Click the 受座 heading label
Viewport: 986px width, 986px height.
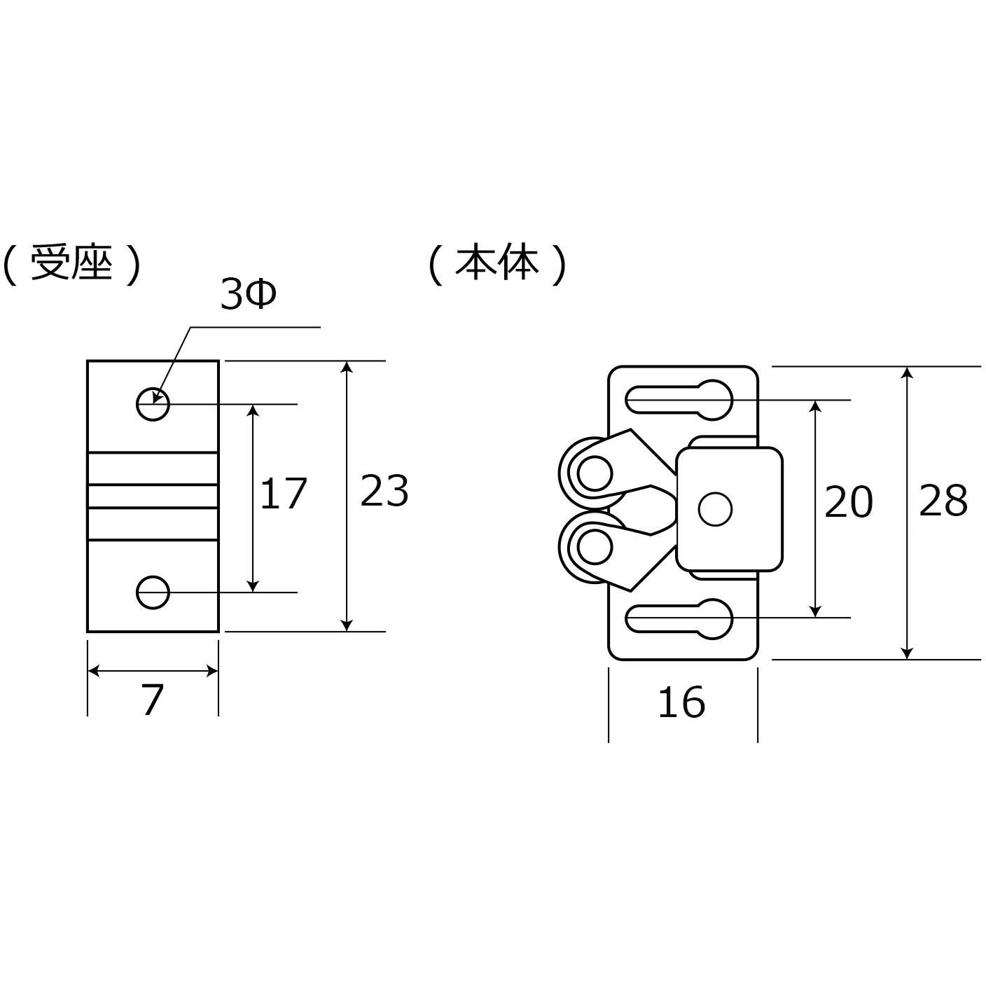[72, 265]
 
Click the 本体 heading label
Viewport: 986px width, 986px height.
[497, 265]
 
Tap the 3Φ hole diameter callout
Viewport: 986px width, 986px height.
[248, 296]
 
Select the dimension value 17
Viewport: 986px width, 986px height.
[283, 493]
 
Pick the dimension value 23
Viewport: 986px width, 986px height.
[384, 491]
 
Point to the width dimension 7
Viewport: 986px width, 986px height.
[153, 700]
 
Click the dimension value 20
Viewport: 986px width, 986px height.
[848, 502]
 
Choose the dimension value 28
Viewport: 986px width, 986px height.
[943, 501]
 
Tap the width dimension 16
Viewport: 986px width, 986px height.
[681, 702]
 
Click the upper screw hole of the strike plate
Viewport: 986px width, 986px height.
[153, 404]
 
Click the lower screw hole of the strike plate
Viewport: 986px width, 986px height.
[153, 592]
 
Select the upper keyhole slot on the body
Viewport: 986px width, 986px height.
[679, 400]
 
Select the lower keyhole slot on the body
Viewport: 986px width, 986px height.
[679, 620]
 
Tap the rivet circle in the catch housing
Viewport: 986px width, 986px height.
[715, 509]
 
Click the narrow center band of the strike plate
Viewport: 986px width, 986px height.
[153, 497]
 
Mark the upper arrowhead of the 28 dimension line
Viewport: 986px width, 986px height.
[907, 373]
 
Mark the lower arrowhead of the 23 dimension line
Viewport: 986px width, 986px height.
[347, 625]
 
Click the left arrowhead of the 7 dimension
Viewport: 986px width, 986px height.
[94, 672]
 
